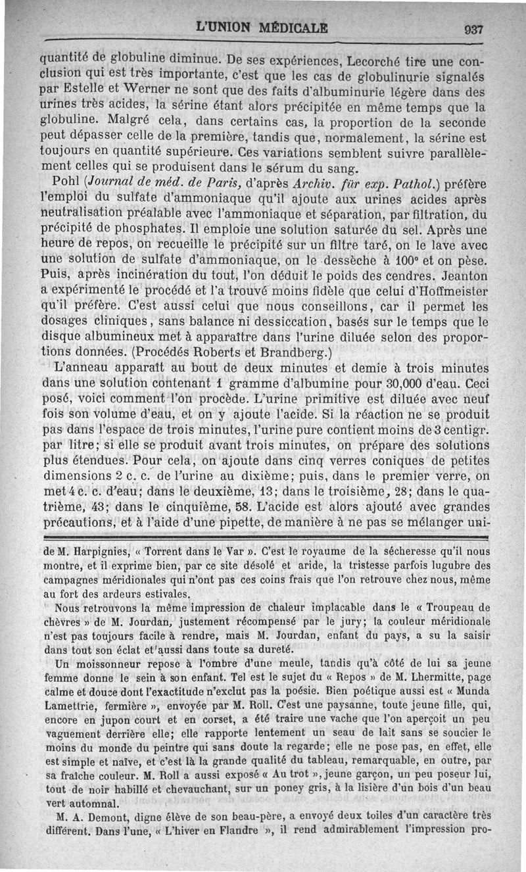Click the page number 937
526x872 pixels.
coord(473,30)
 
